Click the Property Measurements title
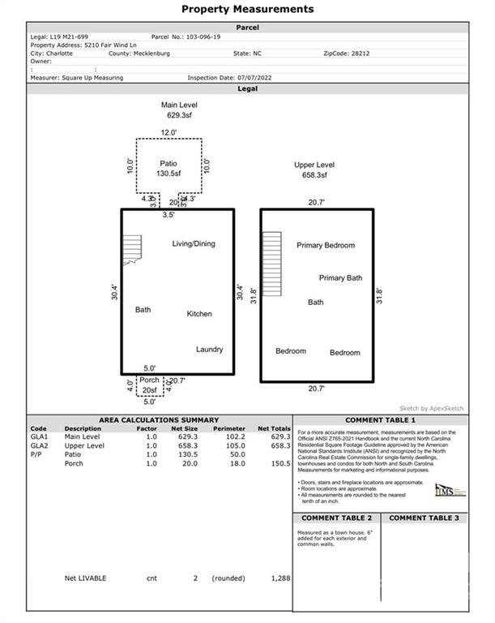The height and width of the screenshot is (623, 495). click(247, 9)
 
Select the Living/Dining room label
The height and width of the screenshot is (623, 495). click(194, 243)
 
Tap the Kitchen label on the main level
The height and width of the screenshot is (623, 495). click(199, 314)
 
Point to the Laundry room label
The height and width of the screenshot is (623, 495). click(209, 350)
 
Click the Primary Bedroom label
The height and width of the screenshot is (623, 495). click(326, 245)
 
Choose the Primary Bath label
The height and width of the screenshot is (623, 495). click(340, 277)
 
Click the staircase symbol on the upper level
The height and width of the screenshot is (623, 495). click(271, 264)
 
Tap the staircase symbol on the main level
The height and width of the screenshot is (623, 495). click(131, 249)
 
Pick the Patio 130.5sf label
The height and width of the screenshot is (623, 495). click(169, 168)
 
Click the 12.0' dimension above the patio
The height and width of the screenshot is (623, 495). click(168, 132)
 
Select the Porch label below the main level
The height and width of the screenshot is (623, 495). click(149, 380)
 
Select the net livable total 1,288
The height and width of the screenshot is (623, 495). click(280, 578)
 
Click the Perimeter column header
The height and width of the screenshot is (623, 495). click(228, 428)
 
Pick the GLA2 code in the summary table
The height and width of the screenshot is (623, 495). click(39, 445)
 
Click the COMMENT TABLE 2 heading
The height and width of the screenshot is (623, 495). click(336, 518)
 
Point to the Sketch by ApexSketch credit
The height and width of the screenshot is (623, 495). click(431, 408)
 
